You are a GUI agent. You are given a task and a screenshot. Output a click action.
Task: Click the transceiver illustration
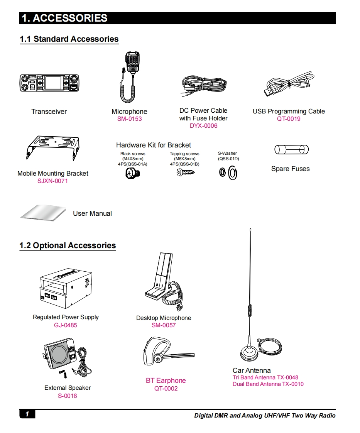coord(49,83)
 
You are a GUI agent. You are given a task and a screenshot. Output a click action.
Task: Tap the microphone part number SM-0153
coord(130,119)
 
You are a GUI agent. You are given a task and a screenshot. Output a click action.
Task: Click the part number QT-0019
coord(289,119)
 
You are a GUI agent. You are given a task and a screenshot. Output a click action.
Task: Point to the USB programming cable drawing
coord(289,84)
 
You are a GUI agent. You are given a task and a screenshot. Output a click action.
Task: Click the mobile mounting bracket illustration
coord(53,147)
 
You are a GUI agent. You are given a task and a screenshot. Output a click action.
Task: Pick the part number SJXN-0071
coord(53,181)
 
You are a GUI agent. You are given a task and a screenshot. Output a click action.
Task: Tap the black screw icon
coord(132,173)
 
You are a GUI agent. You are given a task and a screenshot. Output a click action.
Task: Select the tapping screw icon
coord(185,173)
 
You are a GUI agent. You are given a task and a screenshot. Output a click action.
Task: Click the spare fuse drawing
coord(292,150)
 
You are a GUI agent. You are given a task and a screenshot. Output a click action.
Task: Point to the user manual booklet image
coord(43,213)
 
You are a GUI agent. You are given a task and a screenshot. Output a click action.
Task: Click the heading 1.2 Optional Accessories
coord(68,245)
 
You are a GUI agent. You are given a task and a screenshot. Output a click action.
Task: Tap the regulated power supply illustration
coord(66,288)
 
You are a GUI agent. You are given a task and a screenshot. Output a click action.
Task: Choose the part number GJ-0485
coord(66,325)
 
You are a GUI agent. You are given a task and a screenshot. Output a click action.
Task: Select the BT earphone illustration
coord(169,352)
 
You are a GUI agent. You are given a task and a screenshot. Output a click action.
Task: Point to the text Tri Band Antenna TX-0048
coord(265,377)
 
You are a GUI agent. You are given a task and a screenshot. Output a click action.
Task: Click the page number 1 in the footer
coord(27,414)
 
